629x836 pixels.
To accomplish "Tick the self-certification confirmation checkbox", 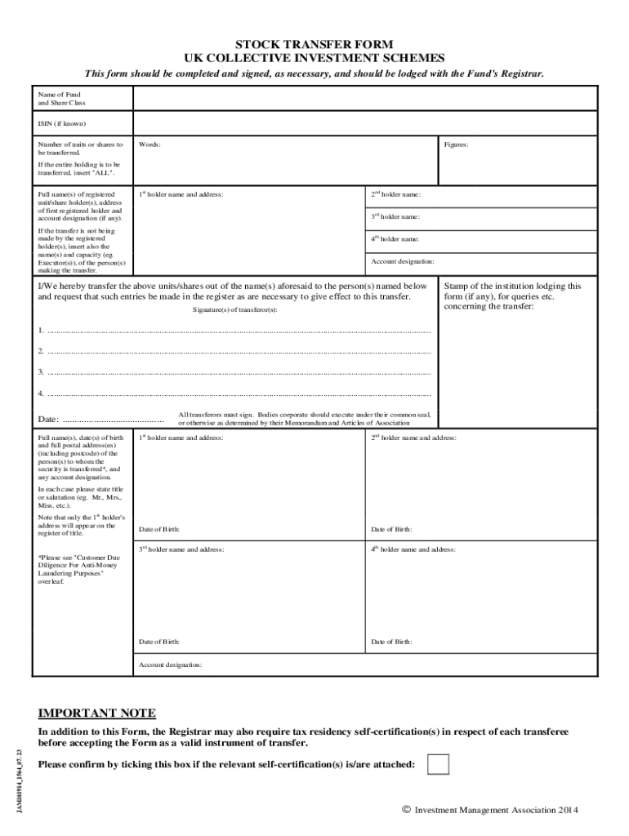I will tap(439, 764).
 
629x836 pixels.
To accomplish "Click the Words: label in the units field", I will tap(149, 145).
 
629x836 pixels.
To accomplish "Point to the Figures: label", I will tap(456, 145).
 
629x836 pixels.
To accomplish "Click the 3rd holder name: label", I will tap(396, 216).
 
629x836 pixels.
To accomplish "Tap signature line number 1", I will tap(237, 331).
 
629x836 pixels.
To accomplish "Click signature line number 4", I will tap(237, 394).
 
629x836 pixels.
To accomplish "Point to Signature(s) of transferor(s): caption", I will tap(235, 310).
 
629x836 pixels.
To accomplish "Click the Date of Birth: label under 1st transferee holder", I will tap(159, 529).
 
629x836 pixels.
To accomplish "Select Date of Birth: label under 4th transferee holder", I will tap(391, 642).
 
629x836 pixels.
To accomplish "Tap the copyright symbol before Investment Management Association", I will tap(406, 809).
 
